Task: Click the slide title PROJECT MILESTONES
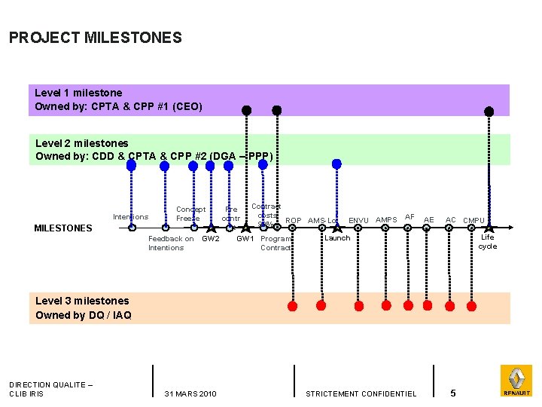96,37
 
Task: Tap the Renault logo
516,380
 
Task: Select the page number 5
452,393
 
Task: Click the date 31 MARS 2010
190,393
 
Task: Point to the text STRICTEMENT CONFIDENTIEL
361,393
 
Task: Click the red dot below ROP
293,305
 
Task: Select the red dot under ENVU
359,305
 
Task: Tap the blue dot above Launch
336,163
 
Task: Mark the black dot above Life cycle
489,112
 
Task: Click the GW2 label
211,239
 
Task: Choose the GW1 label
245,239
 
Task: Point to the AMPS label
386,220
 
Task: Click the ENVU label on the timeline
358,220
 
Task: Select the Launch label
336,238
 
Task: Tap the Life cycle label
488,242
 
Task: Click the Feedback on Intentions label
170,243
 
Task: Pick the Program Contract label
276,243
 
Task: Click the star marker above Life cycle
489,228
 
